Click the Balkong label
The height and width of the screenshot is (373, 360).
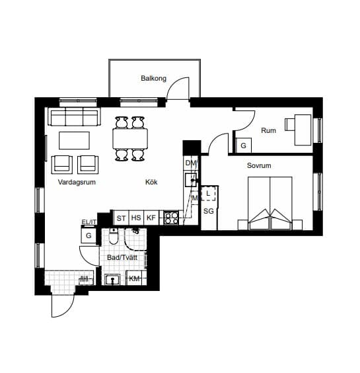[153, 78]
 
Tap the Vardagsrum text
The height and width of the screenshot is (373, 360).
[77, 183]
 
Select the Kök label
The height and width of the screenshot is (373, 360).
[151, 182]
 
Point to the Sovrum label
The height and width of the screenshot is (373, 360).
[259, 165]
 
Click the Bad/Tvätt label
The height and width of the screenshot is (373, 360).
[122, 257]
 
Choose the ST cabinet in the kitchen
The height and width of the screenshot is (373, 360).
[121, 218]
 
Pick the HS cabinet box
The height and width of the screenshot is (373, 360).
[136, 218]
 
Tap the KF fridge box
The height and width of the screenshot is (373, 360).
[151, 218]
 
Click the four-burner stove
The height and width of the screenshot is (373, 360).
[171, 218]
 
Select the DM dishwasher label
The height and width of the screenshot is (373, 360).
[191, 163]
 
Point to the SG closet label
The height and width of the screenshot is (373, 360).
[209, 211]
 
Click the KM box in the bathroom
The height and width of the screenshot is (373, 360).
[134, 278]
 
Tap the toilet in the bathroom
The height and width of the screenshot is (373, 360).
[114, 235]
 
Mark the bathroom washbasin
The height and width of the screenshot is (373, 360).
[112, 280]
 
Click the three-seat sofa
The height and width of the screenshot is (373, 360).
[75, 116]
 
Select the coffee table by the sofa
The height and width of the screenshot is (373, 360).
[75, 141]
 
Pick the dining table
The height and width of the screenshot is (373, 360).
[130, 139]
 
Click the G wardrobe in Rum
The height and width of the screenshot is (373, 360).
[243, 145]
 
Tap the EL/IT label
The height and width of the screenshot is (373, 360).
[89, 222]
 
